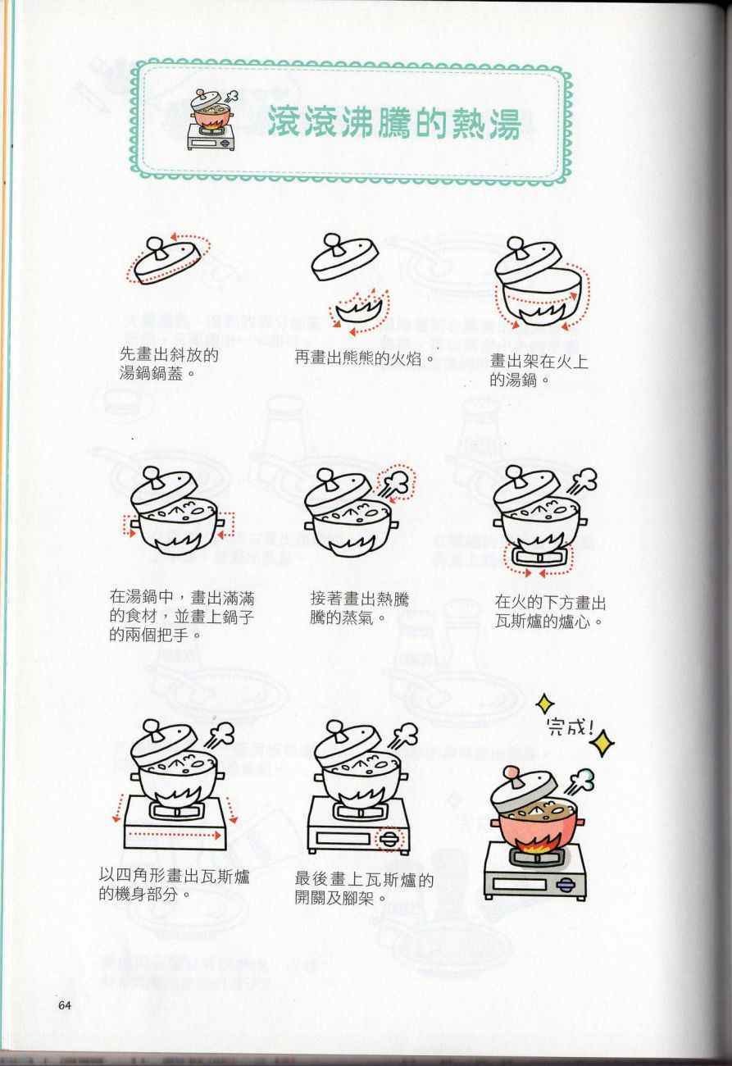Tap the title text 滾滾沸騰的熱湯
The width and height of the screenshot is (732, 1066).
click(395, 122)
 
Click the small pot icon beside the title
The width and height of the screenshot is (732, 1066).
click(212, 121)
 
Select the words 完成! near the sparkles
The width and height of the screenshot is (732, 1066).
click(570, 727)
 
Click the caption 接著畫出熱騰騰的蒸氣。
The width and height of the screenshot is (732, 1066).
click(359, 608)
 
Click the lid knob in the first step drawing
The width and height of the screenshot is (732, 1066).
click(156, 247)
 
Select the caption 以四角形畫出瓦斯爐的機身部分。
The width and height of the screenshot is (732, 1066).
click(174, 885)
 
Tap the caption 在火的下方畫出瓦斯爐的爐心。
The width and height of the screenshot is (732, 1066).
click(550, 612)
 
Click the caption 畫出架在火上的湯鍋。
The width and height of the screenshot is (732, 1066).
click(539, 371)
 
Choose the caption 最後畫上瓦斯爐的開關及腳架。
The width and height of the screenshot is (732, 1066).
click(364, 889)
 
